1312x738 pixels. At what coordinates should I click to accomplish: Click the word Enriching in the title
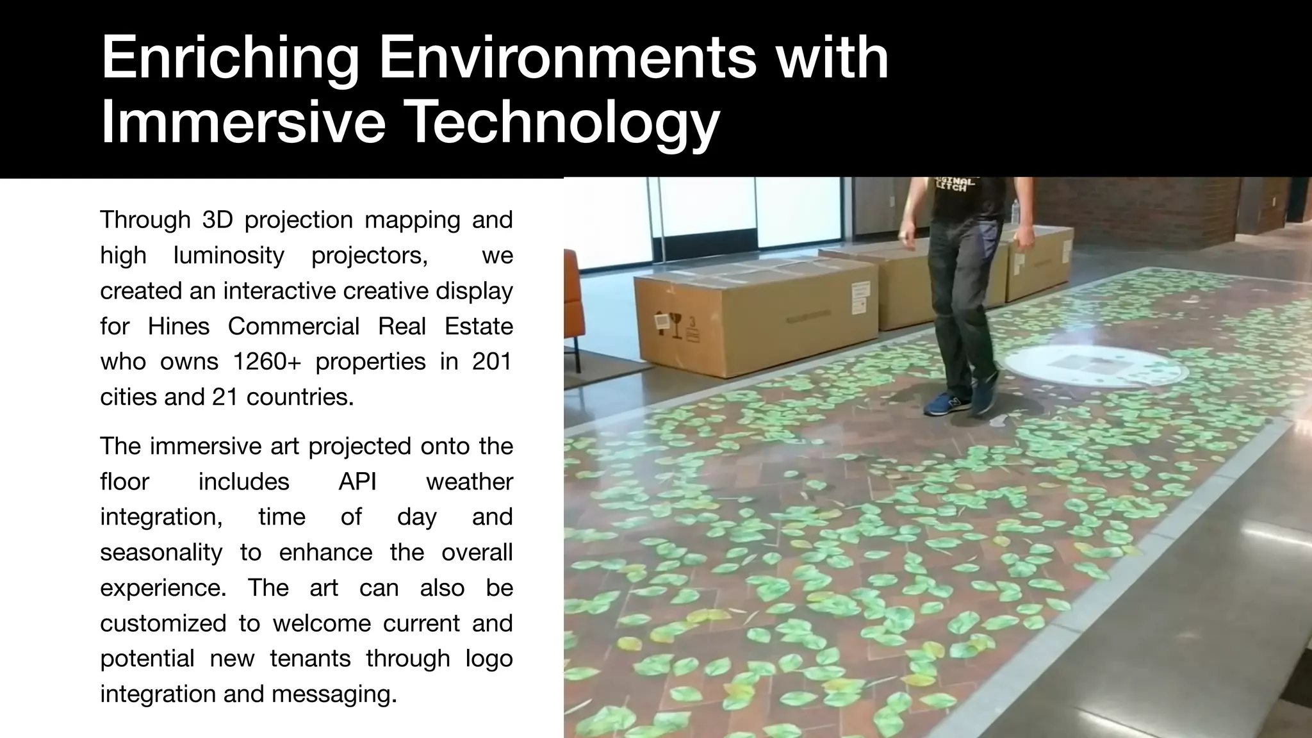pos(230,59)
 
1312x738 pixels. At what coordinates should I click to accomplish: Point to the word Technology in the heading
pos(563,124)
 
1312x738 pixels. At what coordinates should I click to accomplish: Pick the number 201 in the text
pos(492,362)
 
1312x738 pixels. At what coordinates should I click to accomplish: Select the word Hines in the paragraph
pos(179,327)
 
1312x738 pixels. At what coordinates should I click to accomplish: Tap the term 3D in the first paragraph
pos(215,220)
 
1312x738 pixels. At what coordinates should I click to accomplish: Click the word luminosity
pos(229,256)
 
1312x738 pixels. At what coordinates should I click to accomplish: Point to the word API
pos(357,482)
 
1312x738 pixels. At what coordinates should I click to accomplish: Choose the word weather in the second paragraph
pos(469,482)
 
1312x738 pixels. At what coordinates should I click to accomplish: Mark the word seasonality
pos(161,552)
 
